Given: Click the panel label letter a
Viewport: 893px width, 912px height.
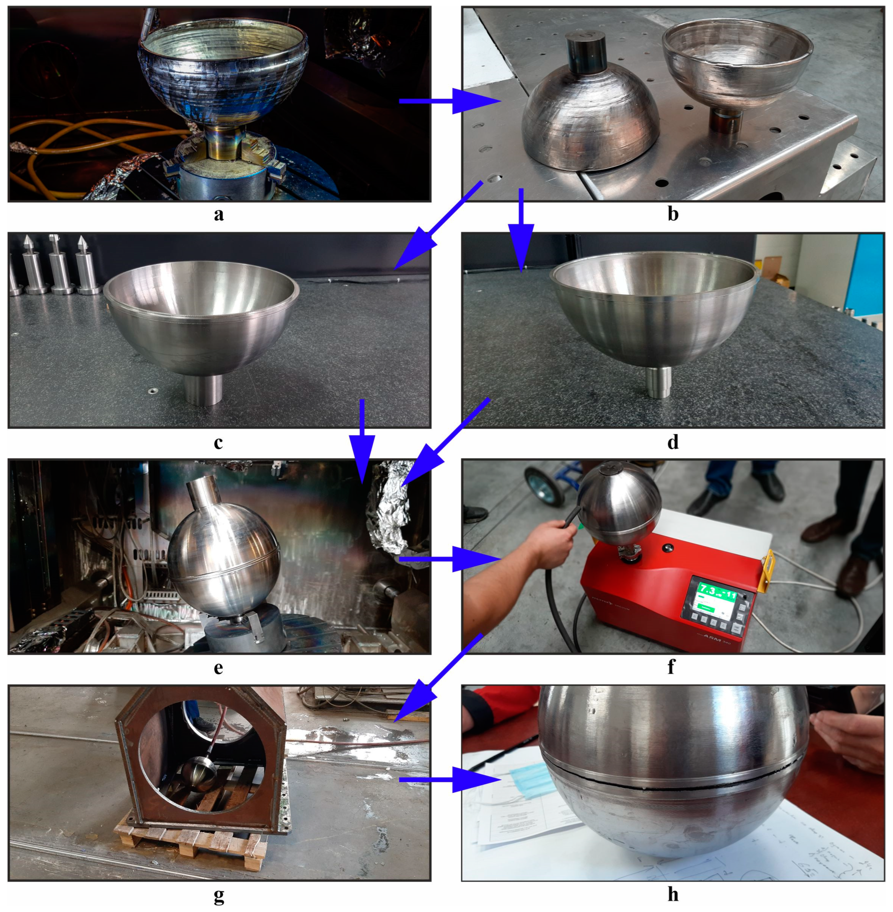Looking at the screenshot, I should pyautogui.click(x=218, y=214).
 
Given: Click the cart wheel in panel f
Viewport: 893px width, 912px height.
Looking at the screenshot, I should pyautogui.click(x=544, y=486).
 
